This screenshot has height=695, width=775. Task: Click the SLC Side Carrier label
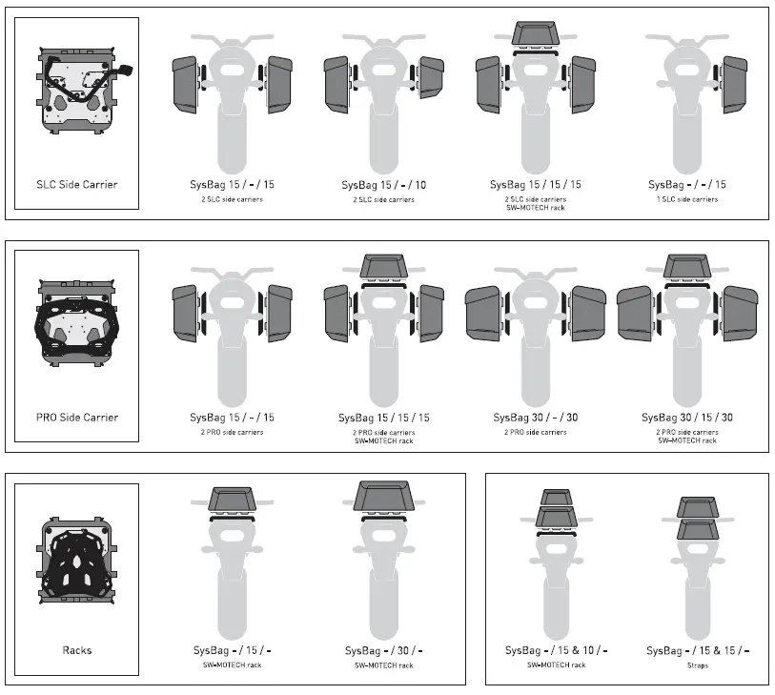[x=77, y=184]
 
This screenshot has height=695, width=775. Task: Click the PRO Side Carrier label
[x=77, y=417]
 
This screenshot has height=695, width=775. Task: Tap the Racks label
[x=77, y=650]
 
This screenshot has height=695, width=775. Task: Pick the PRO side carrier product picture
[x=77, y=323]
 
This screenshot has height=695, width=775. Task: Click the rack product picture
[x=77, y=558]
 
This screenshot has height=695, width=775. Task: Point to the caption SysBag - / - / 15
[x=686, y=184]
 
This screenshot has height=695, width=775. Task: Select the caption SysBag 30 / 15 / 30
[x=686, y=417]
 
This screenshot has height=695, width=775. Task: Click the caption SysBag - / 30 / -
[x=383, y=650]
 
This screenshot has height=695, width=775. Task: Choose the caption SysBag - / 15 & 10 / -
[x=556, y=650]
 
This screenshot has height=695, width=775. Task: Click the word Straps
[x=697, y=665]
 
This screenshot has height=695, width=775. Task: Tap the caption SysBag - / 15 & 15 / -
[x=697, y=650]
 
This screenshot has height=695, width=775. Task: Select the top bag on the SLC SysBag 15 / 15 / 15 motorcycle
[x=535, y=33]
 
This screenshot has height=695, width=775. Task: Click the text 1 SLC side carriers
[x=686, y=199]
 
